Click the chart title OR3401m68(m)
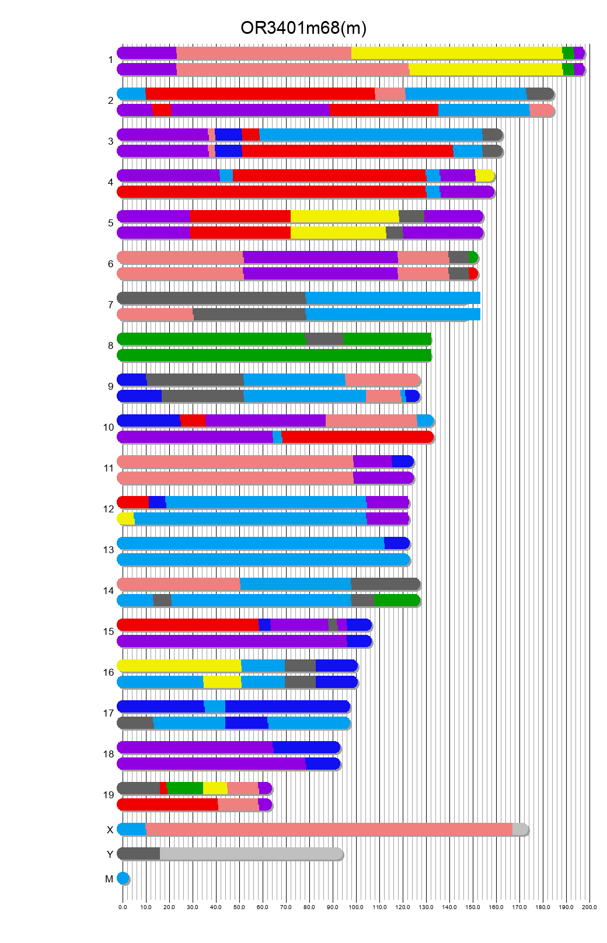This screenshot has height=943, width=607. click(x=303, y=28)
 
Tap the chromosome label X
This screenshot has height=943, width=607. click(x=110, y=830)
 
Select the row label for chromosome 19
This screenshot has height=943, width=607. click(x=109, y=795)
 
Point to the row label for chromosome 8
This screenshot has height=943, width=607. click(x=110, y=345)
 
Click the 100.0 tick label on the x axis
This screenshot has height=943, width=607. click(x=356, y=907)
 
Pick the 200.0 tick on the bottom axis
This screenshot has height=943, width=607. click(x=589, y=907)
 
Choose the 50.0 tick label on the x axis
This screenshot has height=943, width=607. click(x=239, y=907)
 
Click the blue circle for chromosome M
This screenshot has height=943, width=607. click(x=123, y=878)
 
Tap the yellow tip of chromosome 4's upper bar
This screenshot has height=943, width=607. click(x=484, y=176)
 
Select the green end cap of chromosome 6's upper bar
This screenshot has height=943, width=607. click(x=473, y=257)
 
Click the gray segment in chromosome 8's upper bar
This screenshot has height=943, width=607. click(x=325, y=339)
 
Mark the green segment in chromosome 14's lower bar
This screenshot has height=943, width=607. click(x=397, y=600)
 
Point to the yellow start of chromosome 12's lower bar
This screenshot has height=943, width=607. click(x=126, y=519)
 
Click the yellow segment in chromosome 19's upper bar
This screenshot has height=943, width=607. click(x=215, y=788)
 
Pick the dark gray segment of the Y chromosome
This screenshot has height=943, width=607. click(x=139, y=854)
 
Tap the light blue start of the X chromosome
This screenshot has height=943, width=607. click(x=132, y=829)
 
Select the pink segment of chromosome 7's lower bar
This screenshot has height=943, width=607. click(x=155, y=315)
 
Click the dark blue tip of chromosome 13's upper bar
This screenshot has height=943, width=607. click(x=397, y=543)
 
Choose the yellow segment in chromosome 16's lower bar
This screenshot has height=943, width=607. click(x=222, y=682)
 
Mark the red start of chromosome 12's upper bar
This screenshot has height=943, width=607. click(x=133, y=502)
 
